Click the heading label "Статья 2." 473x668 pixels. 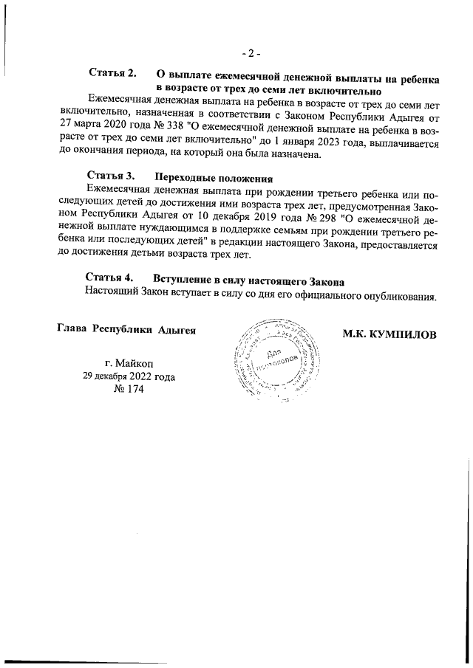(113, 74)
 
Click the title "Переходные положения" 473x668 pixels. (214, 178)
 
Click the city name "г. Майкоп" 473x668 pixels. (130, 362)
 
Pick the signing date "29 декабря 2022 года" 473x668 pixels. (129, 376)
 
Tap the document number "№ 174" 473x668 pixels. (128, 390)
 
